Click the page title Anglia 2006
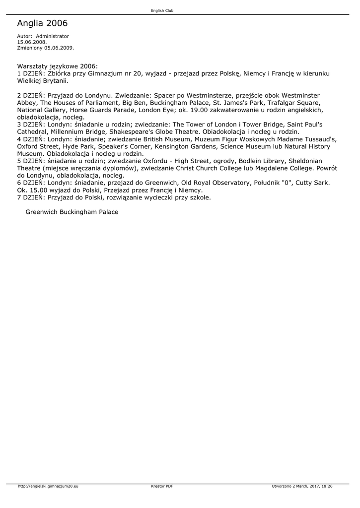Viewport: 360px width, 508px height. click(42, 23)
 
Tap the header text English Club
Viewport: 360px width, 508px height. click(162, 10)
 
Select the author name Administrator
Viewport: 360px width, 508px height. click(53, 36)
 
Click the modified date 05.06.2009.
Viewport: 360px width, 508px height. click(59, 48)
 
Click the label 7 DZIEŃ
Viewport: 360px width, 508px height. click(31, 197)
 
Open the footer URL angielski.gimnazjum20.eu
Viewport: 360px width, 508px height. click(48, 486)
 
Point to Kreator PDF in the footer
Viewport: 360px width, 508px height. click(162, 486)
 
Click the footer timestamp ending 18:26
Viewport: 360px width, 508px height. click(302, 486)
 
